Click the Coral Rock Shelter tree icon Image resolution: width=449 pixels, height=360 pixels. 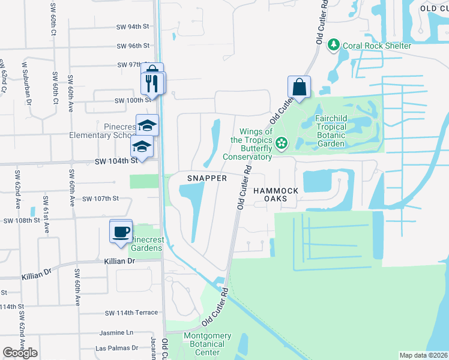click(333, 46)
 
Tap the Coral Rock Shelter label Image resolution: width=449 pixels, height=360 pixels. click(376, 46)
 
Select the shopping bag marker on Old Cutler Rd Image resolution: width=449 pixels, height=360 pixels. click(299, 88)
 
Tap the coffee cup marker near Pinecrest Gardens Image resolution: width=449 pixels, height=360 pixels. click(121, 231)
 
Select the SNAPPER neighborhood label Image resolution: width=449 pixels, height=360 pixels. click(206, 178)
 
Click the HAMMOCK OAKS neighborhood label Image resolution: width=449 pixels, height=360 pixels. click(276, 196)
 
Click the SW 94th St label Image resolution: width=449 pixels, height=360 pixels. click(133, 27)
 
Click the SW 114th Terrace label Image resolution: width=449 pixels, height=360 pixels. click(131, 313)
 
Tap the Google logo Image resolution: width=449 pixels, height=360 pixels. click(20, 353)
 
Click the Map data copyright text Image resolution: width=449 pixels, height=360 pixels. click(423, 355)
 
